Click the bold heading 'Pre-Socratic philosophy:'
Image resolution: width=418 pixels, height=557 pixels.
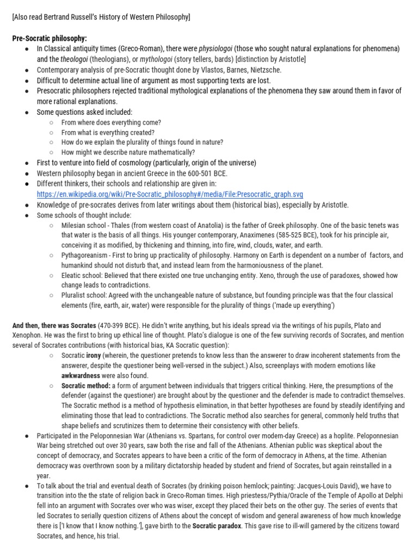50,38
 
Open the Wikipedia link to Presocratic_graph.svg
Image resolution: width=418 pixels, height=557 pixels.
170,194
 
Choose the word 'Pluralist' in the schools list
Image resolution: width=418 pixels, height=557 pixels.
76,296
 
